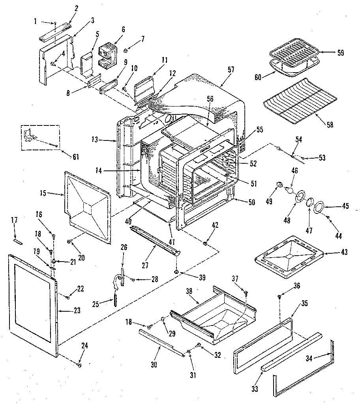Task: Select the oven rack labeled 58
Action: click(300, 101)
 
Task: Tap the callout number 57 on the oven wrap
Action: click(231, 69)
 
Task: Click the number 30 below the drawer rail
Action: click(154, 365)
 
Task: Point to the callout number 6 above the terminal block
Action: click(123, 30)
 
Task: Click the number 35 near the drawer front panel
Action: click(304, 303)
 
